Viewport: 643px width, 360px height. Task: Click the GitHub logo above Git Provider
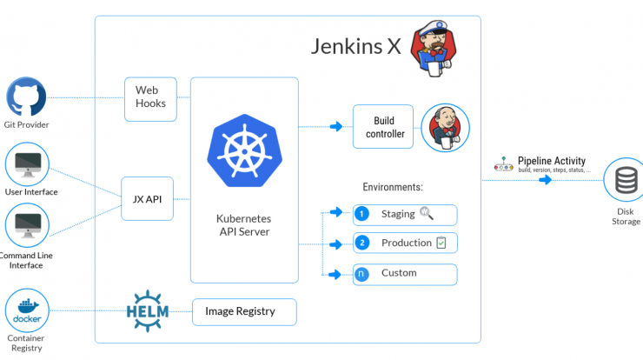(x=26, y=97)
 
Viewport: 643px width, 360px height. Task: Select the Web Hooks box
(x=150, y=99)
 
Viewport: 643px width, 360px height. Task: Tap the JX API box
(x=147, y=198)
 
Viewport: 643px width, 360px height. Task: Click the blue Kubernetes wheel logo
(x=244, y=150)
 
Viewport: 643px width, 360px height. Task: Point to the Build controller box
(x=383, y=126)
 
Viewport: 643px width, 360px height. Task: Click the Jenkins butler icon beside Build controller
(x=446, y=128)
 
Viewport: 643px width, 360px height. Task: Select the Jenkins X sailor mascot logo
(x=434, y=49)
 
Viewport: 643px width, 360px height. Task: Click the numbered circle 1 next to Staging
(x=361, y=214)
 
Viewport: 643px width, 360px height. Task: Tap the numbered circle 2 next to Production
(x=362, y=243)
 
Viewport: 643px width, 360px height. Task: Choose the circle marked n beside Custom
(x=361, y=274)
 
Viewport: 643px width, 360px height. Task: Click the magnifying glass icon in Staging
(x=427, y=213)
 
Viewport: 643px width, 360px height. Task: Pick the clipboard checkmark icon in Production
(x=441, y=243)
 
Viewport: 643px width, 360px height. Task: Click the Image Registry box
(x=244, y=312)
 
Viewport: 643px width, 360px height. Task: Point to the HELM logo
(x=148, y=311)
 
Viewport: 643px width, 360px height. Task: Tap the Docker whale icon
(x=27, y=310)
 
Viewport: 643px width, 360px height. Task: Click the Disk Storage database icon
(x=626, y=180)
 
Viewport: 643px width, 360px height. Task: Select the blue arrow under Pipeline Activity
(x=546, y=180)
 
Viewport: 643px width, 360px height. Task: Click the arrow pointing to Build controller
(x=336, y=126)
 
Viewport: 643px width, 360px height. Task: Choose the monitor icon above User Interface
(x=28, y=164)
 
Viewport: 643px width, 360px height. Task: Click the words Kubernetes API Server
(x=244, y=225)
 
